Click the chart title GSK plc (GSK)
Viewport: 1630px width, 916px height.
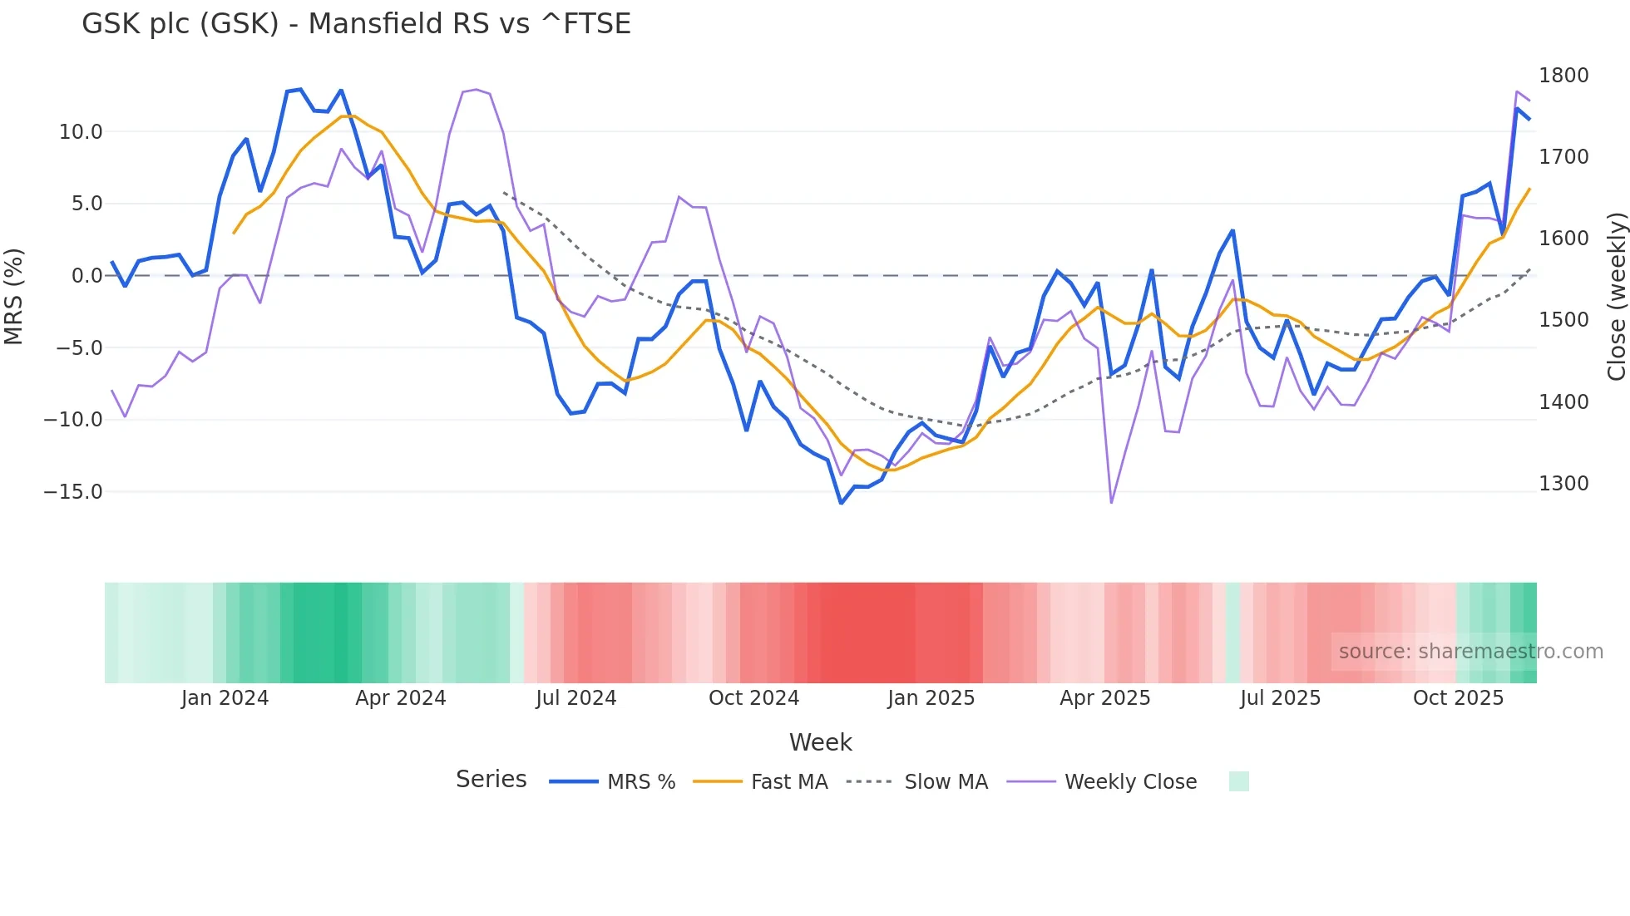pos(356,23)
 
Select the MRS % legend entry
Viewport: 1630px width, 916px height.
pos(612,782)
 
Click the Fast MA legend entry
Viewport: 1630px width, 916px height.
pos(760,782)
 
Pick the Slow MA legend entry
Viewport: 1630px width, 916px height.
pos(916,782)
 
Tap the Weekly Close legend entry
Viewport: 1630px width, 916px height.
pos(1102,782)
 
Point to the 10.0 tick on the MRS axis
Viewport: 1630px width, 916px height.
pos(81,131)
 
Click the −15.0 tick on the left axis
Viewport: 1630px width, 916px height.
pos(73,491)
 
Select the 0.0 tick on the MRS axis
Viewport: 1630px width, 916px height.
pos(87,276)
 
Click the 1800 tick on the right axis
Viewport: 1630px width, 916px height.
pos(1563,76)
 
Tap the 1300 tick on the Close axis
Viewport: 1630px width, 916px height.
pos(1563,484)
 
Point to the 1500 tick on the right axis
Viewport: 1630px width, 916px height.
pos(1563,320)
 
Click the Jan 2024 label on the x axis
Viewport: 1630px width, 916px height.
pos(225,698)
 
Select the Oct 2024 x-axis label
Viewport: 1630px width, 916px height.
pos(753,698)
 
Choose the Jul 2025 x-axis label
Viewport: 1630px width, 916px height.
pos(1280,698)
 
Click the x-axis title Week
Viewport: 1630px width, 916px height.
pos(820,742)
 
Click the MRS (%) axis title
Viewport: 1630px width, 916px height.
pos(14,296)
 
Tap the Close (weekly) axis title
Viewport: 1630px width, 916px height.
pos(1616,296)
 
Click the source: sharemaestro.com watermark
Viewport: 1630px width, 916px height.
pos(1470,652)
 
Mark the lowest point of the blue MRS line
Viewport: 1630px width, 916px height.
pos(841,503)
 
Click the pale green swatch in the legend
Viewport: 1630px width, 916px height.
pos(1238,781)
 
